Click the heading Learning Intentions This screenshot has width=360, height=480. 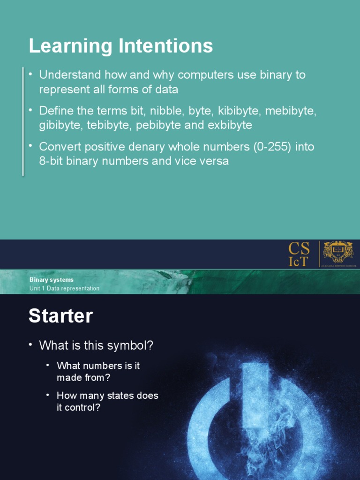pyautogui.click(x=120, y=46)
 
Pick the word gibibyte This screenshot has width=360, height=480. pyautogui.click(x=58, y=125)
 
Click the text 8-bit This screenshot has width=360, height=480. pyautogui.click(x=51, y=161)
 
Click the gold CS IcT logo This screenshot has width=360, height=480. pyautogui.click(x=299, y=254)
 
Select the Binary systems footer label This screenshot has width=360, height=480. pyautogui.click(x=51, y=280)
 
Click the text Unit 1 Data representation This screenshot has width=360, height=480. pyautogui.click(x=64, y=288)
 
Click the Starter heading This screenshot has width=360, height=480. pyautogui.click(x=60, y=316)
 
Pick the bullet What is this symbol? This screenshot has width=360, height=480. pyautogui.click(x=96, y=346)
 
